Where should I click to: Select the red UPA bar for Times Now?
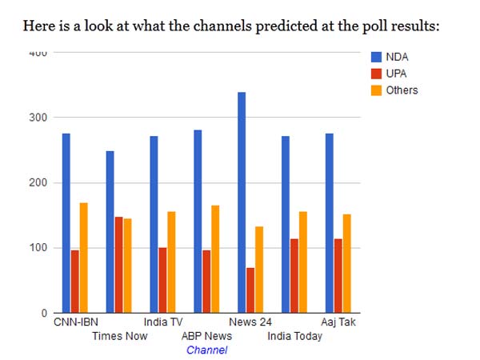118,264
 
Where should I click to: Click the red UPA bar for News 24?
250,290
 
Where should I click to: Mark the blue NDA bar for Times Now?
110,231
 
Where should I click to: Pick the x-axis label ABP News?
207,336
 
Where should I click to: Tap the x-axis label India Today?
295,336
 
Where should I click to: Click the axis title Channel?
207,350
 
